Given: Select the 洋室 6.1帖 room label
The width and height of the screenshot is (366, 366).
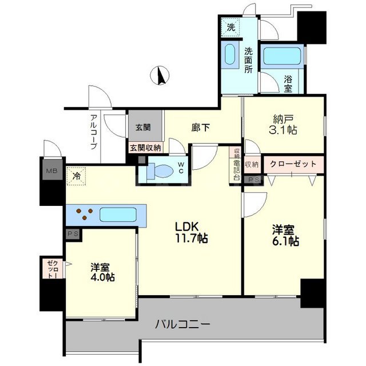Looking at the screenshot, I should (284, 235).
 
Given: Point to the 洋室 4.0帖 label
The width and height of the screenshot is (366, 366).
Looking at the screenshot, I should (102, 272).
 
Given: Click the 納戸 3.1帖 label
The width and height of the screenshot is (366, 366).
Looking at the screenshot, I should (284, 124).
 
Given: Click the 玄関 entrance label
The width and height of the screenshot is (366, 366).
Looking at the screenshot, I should (143, 128).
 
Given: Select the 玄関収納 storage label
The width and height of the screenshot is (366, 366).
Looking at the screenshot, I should (145, 148).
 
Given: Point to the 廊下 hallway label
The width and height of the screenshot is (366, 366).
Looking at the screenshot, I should (200, 128).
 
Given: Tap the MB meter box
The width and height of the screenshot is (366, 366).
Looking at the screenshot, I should (51, 170).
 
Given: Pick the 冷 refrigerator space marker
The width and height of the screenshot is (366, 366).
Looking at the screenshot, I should (75, 176).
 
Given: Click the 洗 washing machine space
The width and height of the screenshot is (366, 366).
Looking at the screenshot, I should (230, 26).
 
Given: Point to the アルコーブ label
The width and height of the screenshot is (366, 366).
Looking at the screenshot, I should (93, 132).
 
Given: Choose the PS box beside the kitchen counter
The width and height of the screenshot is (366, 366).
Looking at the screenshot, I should (72, 233).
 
